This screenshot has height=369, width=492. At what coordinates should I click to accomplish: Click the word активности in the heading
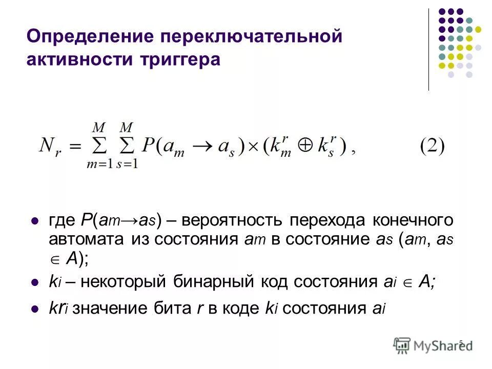pyautogui.click(x=80, y=59)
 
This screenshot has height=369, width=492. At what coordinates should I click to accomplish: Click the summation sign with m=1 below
pyautogui.click(x=99, y=148)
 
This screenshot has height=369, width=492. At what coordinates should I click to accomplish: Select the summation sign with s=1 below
pyautogui.click(x=127, y=148)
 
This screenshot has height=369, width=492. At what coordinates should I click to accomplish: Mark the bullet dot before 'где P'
pyautogui.click(x=35, y=221)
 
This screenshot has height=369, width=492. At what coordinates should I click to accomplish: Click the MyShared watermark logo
pyautogui.click(x=433, y=345)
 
